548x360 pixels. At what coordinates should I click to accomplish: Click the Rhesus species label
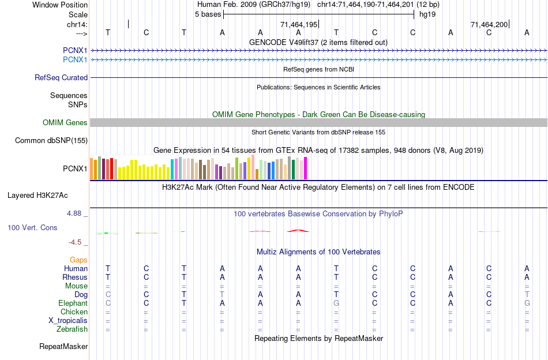click(x=75, y=277)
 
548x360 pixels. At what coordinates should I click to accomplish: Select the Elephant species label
click(x=73, y=303)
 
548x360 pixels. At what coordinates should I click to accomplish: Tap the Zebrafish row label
click(x=73, y=329)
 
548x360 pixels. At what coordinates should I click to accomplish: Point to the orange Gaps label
click(x=78, y=260)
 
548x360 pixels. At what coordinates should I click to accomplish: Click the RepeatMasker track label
click(x=63, y=347)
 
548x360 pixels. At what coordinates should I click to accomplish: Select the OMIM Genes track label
click(x=65, y=122)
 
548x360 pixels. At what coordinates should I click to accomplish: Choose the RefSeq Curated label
click(x=61, y=77)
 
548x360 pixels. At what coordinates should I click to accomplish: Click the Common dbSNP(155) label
click(x=51, y=140)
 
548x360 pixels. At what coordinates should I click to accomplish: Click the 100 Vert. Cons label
click(x=32, y=228)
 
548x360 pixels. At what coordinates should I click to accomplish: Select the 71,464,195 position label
click(x=299, y=25)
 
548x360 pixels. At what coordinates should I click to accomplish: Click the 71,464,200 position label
click(x=489, y=25)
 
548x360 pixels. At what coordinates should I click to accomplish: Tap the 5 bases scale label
click(x=208, y=14)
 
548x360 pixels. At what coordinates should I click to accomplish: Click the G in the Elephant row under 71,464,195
click(x=336, y=303)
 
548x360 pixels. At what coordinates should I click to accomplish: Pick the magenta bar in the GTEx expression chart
click(x=305, y=168)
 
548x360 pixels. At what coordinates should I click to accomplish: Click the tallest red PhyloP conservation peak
click(x=298, y=230)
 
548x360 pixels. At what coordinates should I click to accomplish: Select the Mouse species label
click(x=76, y=286)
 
